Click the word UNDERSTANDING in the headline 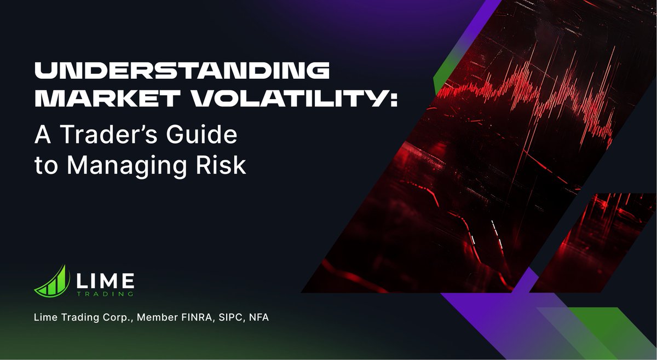pos(182,72)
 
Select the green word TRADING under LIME pos(103,294)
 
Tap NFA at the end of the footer pos(260,317)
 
